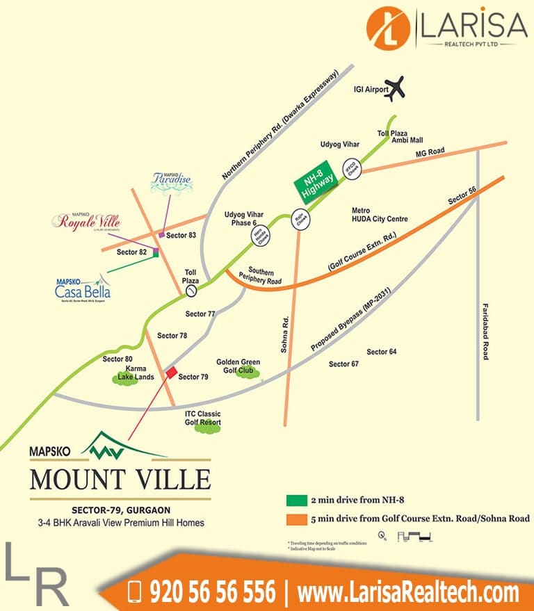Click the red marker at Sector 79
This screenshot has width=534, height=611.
[x=170, y=373]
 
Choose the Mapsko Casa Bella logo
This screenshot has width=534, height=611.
[x=83, y=288]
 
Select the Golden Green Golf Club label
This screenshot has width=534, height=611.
[x=238, y=366]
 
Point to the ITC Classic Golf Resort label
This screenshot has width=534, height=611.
[x=203, y=418]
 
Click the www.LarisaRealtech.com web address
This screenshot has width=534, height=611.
[x=407, y=593]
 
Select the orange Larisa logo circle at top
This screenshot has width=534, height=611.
[x=389, y=27]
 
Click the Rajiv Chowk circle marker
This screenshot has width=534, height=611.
[x=301, y=220]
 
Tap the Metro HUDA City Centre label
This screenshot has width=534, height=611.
[x=380, y=215]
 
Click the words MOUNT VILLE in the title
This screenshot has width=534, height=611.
[x=120, y=480]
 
